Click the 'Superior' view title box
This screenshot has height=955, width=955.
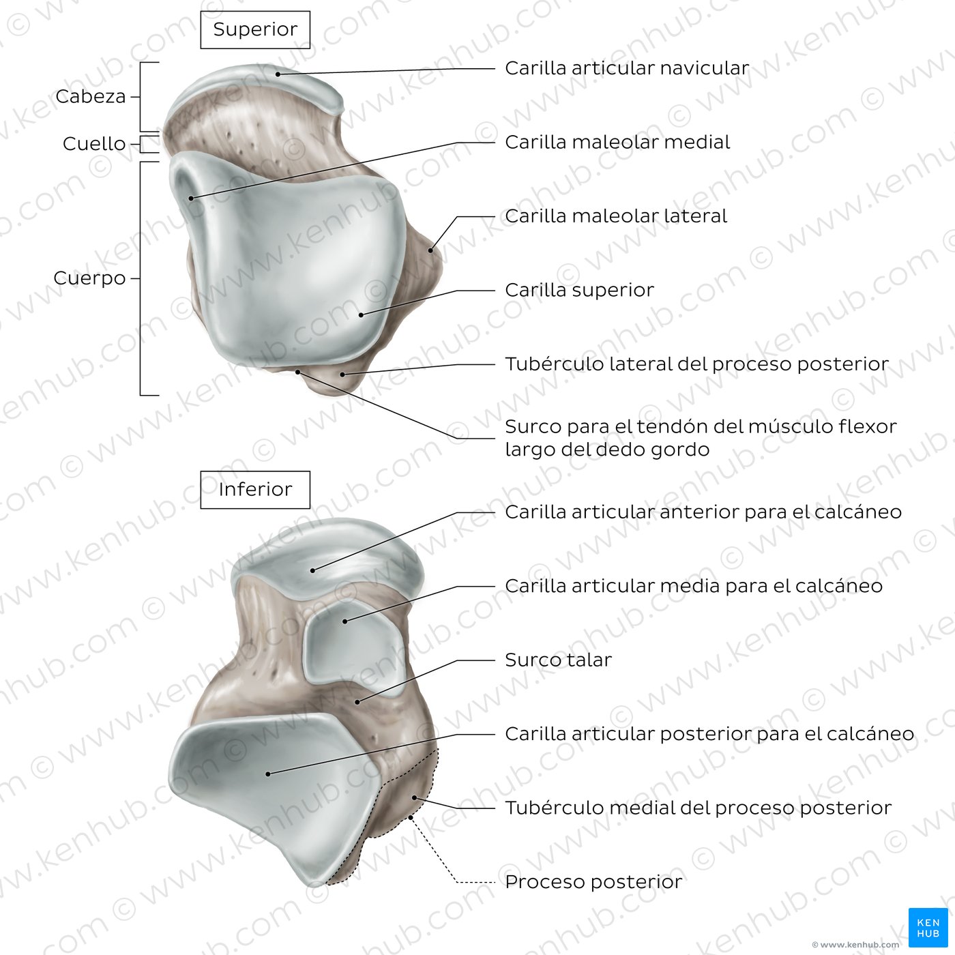(255, 30)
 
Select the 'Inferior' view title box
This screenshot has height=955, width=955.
(255, 490)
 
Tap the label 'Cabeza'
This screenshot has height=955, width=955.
(91, 97)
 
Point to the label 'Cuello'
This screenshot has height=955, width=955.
(94, 144)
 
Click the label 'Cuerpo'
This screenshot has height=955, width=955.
(89, 278)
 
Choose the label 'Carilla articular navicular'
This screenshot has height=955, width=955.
(627, 68)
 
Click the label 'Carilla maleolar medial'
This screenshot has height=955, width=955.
(617, 143)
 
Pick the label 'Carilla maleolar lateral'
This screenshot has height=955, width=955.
(616, 216)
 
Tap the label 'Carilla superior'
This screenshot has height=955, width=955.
(579, 291)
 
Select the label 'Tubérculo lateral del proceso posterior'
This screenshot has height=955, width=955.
(696, 364)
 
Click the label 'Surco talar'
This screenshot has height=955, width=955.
(559, 660)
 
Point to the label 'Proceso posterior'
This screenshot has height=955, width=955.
(593, 882)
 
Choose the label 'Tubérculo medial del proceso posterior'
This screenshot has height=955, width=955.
(699, 808)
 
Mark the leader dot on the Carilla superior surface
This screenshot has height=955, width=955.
(362, 314)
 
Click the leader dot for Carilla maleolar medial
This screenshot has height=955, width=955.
(191, 199)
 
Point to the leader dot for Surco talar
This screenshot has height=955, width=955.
(357, 702)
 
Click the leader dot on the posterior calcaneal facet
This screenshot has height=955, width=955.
(268, 774)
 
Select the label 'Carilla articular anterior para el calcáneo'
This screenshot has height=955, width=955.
(703, 512)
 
